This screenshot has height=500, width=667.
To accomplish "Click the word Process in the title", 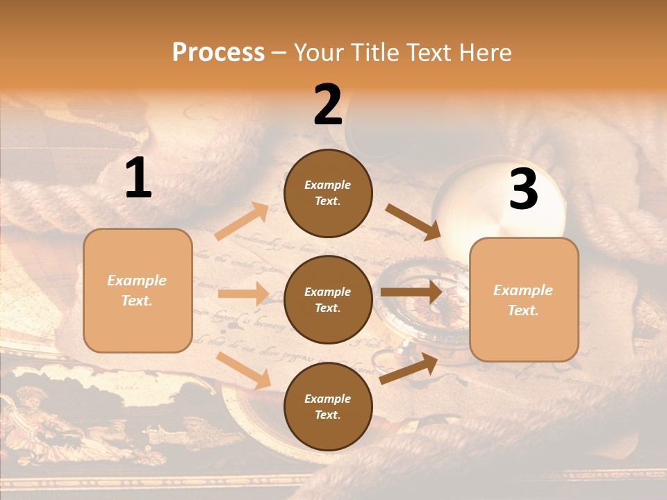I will [x=218, y=53].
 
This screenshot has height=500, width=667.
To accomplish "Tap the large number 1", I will [x=138, y=178].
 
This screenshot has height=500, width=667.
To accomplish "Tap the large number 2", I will [x=328, y=105].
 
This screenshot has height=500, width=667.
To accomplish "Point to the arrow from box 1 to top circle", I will [x=242, y=222].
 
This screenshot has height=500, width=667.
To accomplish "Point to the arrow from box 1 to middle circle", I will [x=242, y=294].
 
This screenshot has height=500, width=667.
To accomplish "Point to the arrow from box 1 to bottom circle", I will [x=244, y=369].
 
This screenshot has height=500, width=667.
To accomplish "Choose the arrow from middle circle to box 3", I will [x=411, y=292].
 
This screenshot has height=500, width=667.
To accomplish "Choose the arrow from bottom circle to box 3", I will [x=409, y=369].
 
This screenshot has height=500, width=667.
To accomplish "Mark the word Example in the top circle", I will [x=328, y=185].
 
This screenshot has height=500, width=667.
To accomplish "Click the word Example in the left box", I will [x=137, y=281].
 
